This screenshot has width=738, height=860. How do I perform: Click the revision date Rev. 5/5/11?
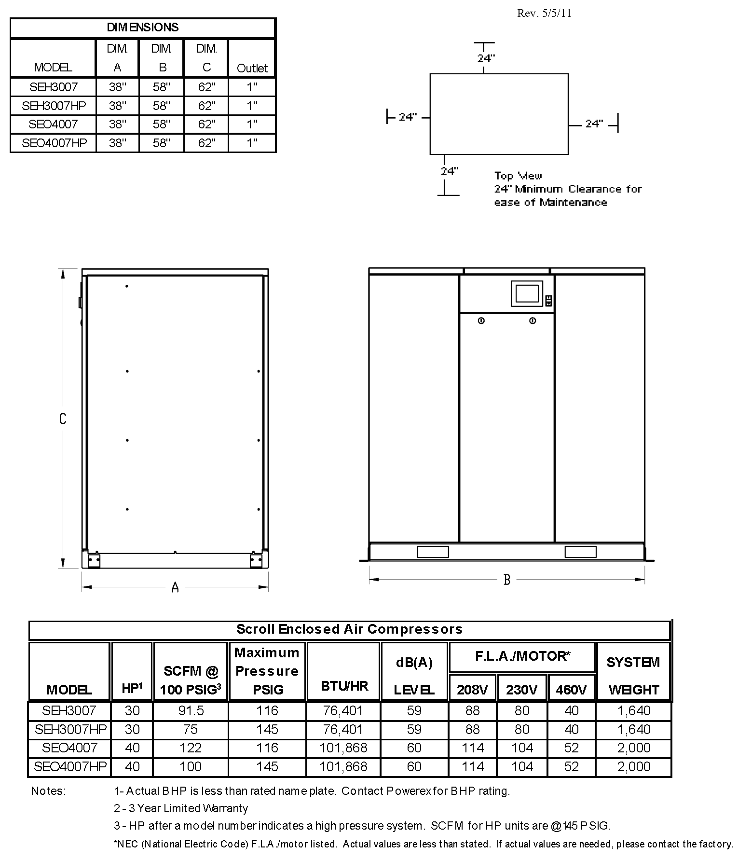point(544,13)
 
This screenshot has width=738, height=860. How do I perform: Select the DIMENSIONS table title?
point(143,28)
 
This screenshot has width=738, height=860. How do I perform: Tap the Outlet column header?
point(252,68)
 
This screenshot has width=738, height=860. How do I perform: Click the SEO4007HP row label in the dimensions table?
point(54,143)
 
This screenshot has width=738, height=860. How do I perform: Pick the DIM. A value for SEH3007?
point(117,87)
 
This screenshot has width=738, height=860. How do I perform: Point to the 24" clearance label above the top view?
point(486,58)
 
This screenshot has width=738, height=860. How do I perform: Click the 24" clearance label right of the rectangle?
point(594,124)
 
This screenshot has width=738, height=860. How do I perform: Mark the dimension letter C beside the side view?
point(63,418)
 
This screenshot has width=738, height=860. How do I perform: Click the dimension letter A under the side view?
point(175,587)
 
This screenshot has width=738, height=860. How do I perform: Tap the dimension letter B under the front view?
point(506,580)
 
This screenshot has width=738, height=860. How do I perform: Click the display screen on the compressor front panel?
point(526,293)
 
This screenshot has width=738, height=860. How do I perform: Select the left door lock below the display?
point(481,321)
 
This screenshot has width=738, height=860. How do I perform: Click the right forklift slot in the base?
point(580,552)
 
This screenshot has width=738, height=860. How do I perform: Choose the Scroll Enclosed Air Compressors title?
point(349,629)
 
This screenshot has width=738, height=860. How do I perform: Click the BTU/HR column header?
point(344,686)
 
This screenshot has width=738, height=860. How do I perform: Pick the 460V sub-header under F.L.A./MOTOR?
point(571,690)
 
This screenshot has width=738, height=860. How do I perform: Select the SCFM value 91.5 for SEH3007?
point(191,710)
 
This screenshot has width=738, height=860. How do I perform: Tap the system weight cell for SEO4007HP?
point(633,766)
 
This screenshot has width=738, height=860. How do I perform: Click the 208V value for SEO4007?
point(472,748)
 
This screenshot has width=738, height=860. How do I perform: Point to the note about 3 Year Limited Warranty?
point(181,808)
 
